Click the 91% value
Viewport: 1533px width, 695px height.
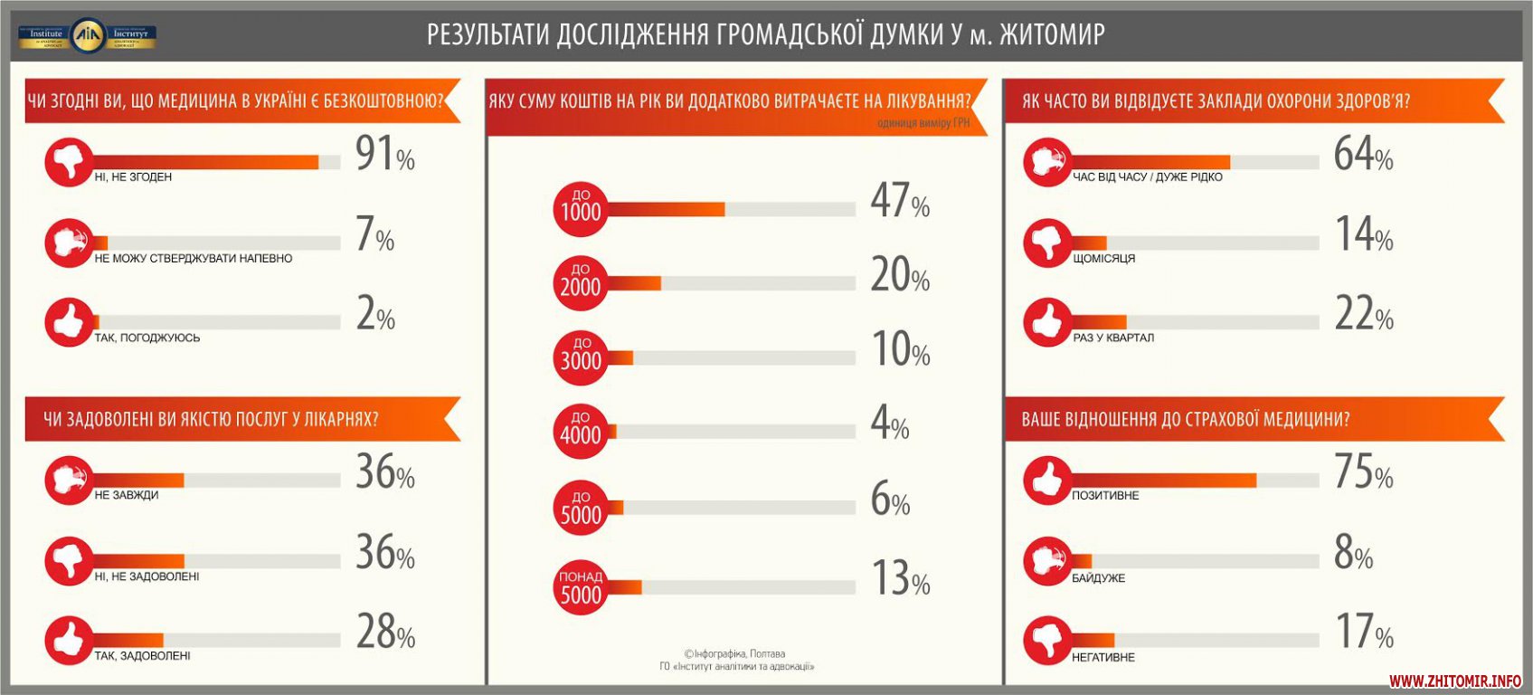pos(384,154)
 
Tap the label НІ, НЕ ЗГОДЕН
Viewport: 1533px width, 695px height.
pos(133,177)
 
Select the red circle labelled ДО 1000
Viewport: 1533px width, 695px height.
pos(580,208)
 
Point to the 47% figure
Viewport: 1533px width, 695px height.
pos(899,201)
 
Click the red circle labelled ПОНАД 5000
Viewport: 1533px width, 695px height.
pos(580,587)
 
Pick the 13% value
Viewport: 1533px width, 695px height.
pos(900,578)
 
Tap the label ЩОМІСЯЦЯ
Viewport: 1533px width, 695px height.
pos(1103,259)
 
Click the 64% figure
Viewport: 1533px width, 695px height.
pos(1363,155)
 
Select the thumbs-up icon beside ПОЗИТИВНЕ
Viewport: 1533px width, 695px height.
pos(1047,480)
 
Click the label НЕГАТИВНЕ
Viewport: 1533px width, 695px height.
pos(1103,658)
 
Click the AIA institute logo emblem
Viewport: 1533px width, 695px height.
pos(88,35)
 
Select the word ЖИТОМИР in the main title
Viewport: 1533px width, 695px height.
pos(1054,34)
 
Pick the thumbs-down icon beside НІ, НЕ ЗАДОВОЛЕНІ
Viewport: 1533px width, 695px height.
pos(69,561)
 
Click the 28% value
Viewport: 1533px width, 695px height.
pos(385,633)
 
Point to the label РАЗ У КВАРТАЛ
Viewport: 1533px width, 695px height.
pos(1113,338)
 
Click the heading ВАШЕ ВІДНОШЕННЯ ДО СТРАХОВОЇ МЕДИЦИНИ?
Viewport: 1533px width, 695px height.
pos(1185,420)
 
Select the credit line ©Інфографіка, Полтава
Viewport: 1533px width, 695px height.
pos(734,653)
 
